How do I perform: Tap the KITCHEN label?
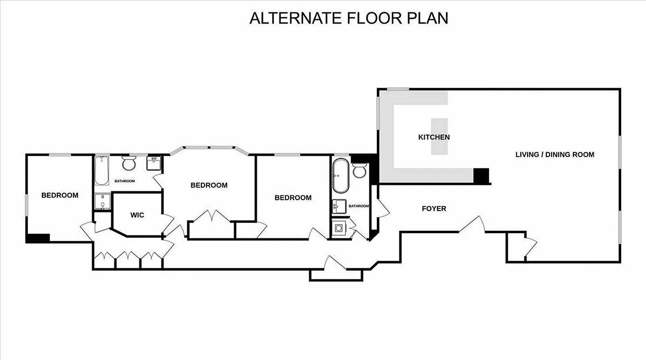[434, 137]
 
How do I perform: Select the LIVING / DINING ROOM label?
[555, 155]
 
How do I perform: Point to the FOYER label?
[434, 209]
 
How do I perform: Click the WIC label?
[137, 215]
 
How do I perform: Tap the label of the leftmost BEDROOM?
[60, 195]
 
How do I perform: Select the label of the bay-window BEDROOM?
[209, 185]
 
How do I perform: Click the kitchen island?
[440, 136]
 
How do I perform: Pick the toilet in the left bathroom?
[129, 164]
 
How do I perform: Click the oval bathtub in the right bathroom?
[341, 175]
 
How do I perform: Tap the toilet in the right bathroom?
[360, 171]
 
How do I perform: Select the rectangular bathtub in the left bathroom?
[102, 171]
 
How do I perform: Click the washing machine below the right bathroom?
[338, 228]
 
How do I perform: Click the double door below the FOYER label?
[472, 225]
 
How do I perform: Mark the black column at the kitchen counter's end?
[481, 175]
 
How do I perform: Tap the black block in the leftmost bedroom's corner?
[38, 238]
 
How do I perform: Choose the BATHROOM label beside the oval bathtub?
[359, 206]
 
